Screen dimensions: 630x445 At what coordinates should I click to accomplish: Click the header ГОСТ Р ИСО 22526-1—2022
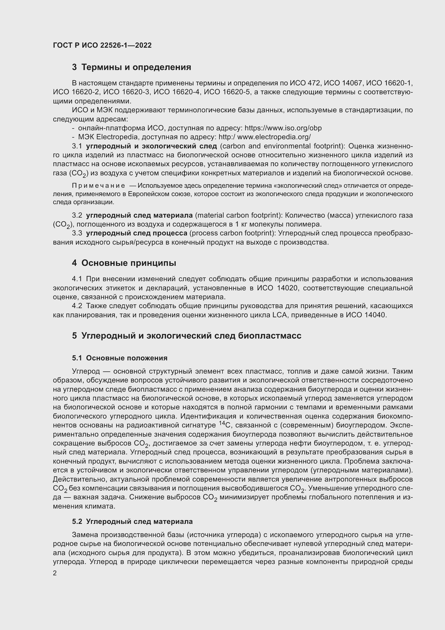pyautogui.click(x=102, y=46)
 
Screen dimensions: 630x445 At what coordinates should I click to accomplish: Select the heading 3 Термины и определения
pyautogui.click(x=132, y=67)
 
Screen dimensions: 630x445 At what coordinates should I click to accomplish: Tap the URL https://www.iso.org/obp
pyautogui.click(x=283, y=128)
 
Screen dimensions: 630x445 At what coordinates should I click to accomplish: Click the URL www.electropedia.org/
pyautogui.click(x=274, y=137)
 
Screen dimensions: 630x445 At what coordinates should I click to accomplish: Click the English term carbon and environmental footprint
pyautogui.click(x=282, y=146)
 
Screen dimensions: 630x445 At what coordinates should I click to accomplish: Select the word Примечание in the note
pyautogui.click(x=98, y=186)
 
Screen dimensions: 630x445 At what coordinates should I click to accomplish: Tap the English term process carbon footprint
pyautogui.click(x=232, y=233)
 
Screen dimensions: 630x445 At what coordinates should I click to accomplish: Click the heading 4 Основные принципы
pyautogui.click(x=124, y=263)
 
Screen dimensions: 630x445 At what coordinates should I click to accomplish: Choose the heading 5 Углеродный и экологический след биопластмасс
pyautogui.click(x=187, y=336)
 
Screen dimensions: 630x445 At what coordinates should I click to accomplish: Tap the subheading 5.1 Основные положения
pyautogui.click(x=120, y=358)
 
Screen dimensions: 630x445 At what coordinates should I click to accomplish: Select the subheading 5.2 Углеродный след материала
pyautogui.click(x=132, y=522)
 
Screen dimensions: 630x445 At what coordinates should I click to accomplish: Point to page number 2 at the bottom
pyautogui.click(x=55, y=573)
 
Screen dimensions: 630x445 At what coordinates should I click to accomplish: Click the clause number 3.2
pyautogui.click(x=77, y=215)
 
